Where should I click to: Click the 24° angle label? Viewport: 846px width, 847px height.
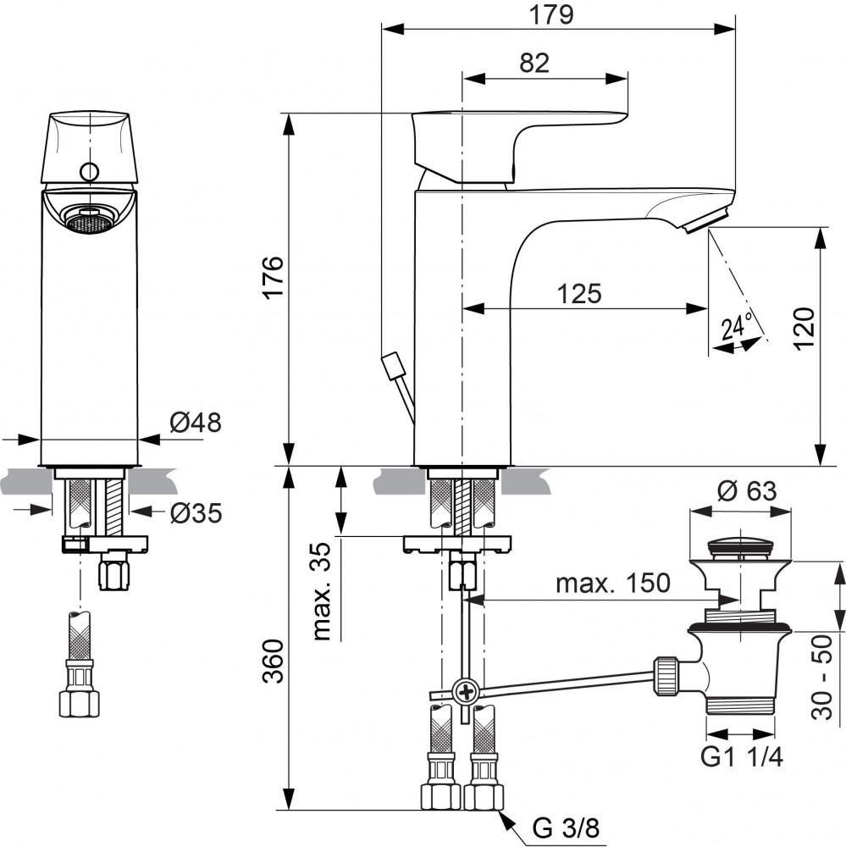pyautogui.click(x=737, y=325)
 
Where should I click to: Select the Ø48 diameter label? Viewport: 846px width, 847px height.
pyautogui.click(x=195, y=423)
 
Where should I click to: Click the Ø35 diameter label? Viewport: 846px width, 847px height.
pyautogui.click(x=195, y=512)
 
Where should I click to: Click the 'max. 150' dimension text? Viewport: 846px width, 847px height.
pyautogui.click(x=612, y=584)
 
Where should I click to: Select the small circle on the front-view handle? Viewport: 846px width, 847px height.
pyautogui.click(x=89, y=173)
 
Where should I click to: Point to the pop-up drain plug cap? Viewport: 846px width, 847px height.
pyautogui.click(x=740, y=546)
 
